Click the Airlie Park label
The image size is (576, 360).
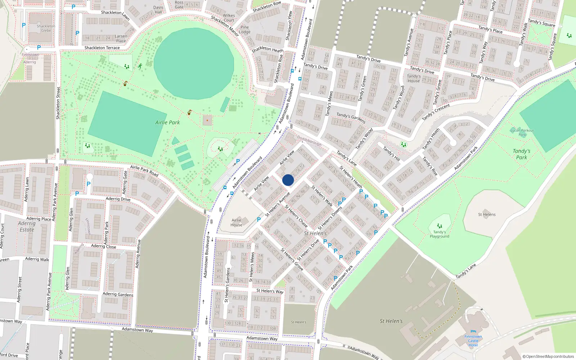point(167,122)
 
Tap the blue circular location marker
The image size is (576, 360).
point(288,180)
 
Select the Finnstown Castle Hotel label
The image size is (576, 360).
point(473,341)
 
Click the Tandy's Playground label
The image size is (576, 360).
point(439,234)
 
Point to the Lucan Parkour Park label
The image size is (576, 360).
point(522,132)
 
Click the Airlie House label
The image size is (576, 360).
point(237,222)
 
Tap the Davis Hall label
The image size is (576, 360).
point(158,10)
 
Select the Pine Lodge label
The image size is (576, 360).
point(245,30)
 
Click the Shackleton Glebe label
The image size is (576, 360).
point(46,28)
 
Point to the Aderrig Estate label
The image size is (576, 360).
point(27,226)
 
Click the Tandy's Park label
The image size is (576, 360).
point(521,154)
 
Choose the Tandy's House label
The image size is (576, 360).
point(414,78)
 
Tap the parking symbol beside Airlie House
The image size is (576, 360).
point(258,219)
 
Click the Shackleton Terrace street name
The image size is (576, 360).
point(102,48)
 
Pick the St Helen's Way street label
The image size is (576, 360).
point(270,291)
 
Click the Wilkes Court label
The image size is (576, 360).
point(229,18)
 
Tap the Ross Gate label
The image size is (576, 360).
point(179,5)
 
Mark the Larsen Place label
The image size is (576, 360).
point(121,38)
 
